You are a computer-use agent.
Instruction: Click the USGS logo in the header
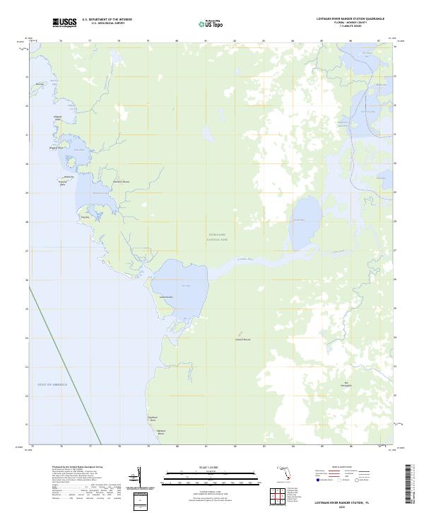(64, 23)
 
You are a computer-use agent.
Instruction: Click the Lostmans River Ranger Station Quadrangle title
(345, 19)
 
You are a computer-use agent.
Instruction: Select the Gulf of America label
(52, 384)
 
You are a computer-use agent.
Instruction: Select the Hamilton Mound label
(122, 182)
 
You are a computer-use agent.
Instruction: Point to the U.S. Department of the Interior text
(107, 19)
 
